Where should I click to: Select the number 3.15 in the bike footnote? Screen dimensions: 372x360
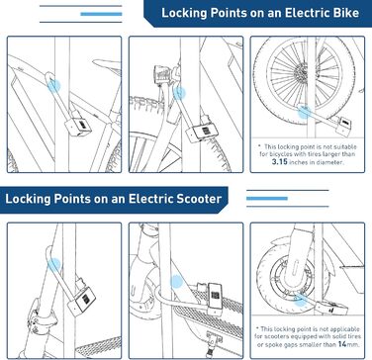pos(280,162)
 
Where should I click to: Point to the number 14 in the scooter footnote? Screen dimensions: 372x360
pos(342,344)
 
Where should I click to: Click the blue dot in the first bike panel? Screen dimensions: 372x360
pos(53,86)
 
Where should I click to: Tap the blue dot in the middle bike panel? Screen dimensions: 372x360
pos(179,93)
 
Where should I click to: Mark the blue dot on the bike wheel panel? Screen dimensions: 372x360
pos(304,113)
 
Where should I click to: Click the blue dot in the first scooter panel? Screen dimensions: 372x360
pos(54,265)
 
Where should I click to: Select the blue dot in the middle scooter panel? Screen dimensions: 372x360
pos(177,282)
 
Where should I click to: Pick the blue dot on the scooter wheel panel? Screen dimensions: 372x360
pos(300,300)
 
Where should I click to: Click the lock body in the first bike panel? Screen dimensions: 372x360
pos(78,127)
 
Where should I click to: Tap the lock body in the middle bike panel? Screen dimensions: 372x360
pos(202,133)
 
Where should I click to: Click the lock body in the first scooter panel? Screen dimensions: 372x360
pos(84,299)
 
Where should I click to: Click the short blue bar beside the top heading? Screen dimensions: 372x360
pos(101,14)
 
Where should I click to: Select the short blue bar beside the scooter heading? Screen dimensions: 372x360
pos(267,199)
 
